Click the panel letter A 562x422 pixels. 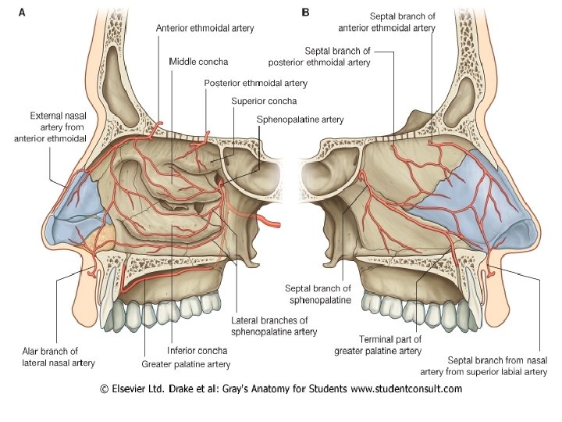pyautogui.click(x=12, y=13)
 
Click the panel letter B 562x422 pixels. pyautogui.click(x=305, y=13)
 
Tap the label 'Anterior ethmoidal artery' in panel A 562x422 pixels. pyautogui.click(x=205, y=28)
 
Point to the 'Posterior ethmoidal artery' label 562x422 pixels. pyautogui.click(x=255, y=82)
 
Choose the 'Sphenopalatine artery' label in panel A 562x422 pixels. pyautogui.click(x=300, y=120)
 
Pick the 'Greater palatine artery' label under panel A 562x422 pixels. pyautogui.click(x=185, y=363)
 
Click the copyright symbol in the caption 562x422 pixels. pyautogui.click(x=105, y=388)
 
